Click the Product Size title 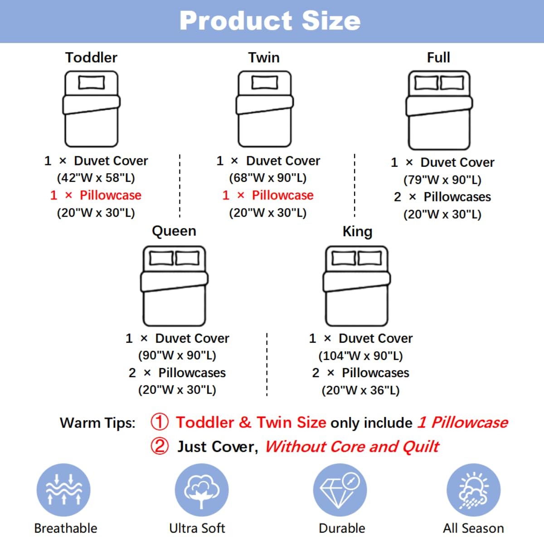pos(270,21)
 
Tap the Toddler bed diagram pos(91,109)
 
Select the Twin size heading pos(264,58)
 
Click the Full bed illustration pos(439,110)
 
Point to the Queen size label pos(174,231)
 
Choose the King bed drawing pos(357,286)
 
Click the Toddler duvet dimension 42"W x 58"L pos(96,178)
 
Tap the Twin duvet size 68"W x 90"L pos(268,178)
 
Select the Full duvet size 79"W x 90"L pos(442,180)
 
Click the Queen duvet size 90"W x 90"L pos(177,355)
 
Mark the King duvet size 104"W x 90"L pos(360,356)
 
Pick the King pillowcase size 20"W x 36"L pos(360,390)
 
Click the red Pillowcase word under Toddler pos(111,195)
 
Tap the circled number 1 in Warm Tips pos(160,422)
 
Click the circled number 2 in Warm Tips pos(160,446)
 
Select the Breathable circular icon pos(63,490)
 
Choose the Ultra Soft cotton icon pos(202,490)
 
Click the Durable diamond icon pos(340,490)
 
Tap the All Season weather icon pos(473,490)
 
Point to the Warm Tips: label pos(97,423)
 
